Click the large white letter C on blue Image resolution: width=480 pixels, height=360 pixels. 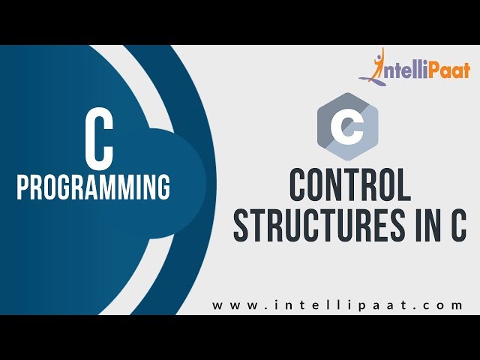tap(98, 143)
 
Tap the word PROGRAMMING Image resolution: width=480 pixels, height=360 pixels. tap(93, 187)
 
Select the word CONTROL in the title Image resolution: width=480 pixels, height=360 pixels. tap(349, 186)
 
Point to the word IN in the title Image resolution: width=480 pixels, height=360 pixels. tap(424, 226)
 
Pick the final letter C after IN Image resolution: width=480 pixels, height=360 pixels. tap(458, 226)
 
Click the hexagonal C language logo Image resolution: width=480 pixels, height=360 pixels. tap(347, 127)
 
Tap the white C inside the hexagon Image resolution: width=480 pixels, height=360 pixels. tap(347, 127)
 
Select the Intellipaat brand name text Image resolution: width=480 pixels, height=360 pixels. tap(423, 70)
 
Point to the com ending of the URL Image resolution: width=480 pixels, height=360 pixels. tap(447, 305)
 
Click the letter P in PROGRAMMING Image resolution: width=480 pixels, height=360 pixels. tap(23, 187)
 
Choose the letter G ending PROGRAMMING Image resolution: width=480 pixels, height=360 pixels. tap(163, 187)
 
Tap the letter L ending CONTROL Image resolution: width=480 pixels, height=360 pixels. tap(403, 186)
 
